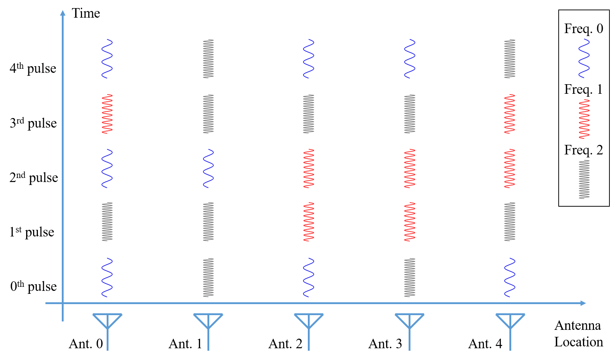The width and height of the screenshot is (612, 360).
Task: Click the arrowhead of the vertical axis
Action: point(63,13)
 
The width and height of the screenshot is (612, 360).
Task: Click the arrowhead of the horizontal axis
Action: point(583,303)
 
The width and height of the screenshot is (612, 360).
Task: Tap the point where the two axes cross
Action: point(63,303)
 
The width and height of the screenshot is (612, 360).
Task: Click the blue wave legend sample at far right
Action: point(584,58)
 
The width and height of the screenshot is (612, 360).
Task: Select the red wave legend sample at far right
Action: point(584,119)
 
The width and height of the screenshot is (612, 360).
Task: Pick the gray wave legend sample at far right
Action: point(584,179)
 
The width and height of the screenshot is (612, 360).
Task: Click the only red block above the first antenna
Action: point(107,114)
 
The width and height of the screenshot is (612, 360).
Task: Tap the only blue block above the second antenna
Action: point(208,168)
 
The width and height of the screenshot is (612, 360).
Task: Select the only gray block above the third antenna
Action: point(309,114)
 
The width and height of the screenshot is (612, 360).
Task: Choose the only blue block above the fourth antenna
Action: point(410,59)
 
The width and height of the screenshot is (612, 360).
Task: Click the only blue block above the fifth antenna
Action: point(510,278)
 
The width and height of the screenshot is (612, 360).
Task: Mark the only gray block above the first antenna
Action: point(107,222)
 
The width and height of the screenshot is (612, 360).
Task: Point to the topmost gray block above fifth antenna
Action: point(510,59)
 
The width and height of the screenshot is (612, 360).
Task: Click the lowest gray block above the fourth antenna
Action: point(410,278)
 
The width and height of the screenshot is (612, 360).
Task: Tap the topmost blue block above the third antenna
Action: point(309,59)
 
